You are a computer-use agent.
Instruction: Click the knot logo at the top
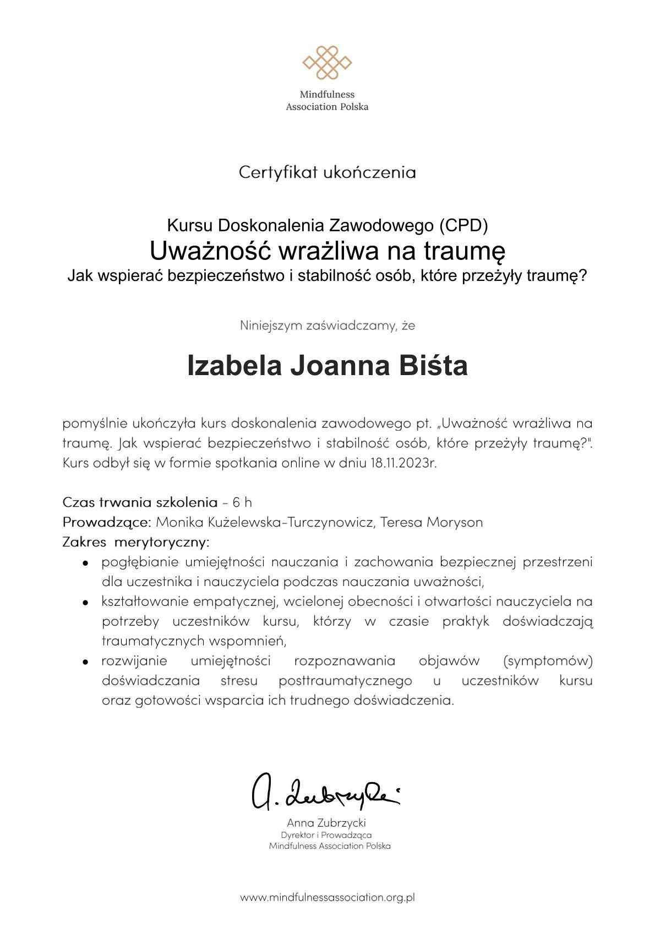pos(327,62)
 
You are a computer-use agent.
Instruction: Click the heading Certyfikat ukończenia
pos(327,172)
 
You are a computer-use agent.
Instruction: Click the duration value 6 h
pos(242,502)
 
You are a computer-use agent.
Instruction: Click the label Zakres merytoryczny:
pos(136,541)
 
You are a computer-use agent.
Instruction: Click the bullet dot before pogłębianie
pos(86,563)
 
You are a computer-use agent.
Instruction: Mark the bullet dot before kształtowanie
pos(86,603)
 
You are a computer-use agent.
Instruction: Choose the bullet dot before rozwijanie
pos(86,662)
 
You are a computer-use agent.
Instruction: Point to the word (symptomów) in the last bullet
pos(548,660)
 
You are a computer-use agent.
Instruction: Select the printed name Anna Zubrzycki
pos(326,823)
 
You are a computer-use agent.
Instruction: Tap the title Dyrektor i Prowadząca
pos(326,835)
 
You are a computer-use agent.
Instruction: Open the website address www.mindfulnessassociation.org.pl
pos(327,897)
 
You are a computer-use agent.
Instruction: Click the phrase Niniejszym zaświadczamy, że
pos(327,326)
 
